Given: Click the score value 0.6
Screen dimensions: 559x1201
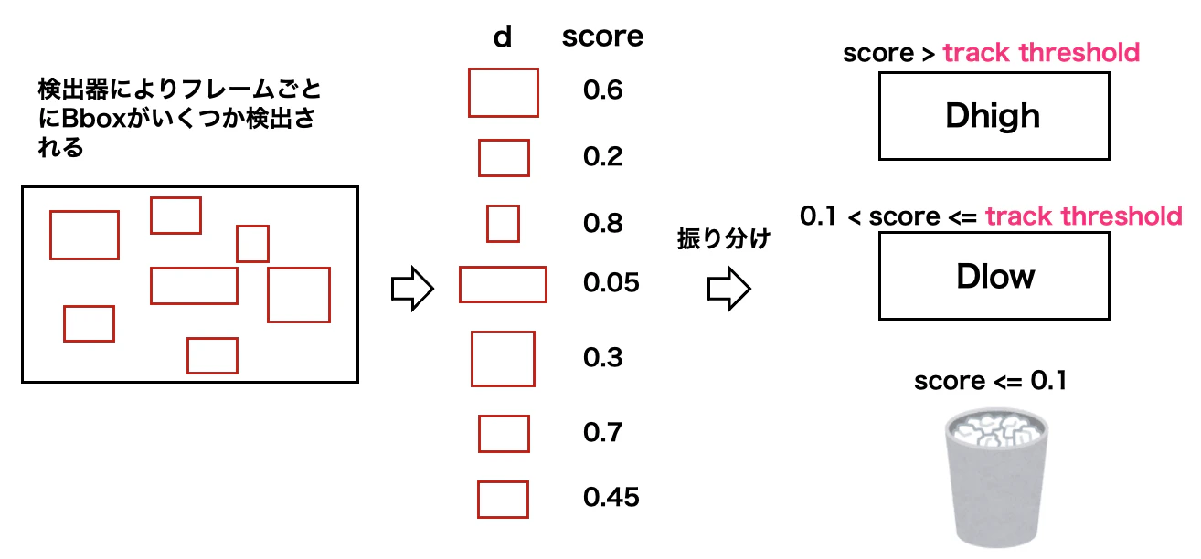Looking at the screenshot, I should pyautogui.click(x=602, y=90).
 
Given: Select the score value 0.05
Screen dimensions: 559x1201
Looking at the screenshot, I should pyautogui.click(x=611, y=283).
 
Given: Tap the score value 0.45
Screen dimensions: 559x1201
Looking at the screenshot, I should pyautogui.click(x=611, y=497).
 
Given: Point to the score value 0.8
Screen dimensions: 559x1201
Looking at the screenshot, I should pyautogui.click(x=602, y=224).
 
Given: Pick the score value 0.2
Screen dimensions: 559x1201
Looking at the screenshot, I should pyautogui.click(x=602, y=157).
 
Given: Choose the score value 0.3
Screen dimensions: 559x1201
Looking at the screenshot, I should pyautogui.click(x=602, y=357).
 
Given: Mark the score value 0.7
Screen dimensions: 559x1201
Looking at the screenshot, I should pyautogui.click(x=602, y=431).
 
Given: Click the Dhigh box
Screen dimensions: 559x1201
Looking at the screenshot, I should pyautogui.click(x=994, y=116).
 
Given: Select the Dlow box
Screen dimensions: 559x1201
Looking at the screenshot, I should pyautogui.click(x=994, y=275).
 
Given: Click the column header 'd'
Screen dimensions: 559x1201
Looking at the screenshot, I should pyautogui.click(x=502, y=37).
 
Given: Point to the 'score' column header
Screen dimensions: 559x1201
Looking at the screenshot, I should pyautogui.click(x=602, y=37).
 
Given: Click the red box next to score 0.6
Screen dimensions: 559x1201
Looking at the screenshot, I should pyautogui.click(x=503, y=92).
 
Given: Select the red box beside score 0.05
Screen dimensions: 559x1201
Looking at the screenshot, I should pyautogui.click(x=503, y=284).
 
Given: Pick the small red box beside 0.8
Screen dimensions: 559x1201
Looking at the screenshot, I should pyautogui.click(x=503, y=224).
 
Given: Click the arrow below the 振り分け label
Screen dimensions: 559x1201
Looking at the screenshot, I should pyautogui.click(x=728, y=289).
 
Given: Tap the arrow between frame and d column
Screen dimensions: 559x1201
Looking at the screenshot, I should pyautogui.click(x=411, y=289).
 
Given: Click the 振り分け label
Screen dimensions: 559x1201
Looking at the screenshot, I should pyautogui.click(x=723, y=240).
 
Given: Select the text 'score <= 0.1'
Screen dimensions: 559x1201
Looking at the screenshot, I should pyautogui.click(x=990, y=380).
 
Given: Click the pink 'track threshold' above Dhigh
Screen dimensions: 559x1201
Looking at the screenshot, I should pyautogui.click(x=1041, y=53).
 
